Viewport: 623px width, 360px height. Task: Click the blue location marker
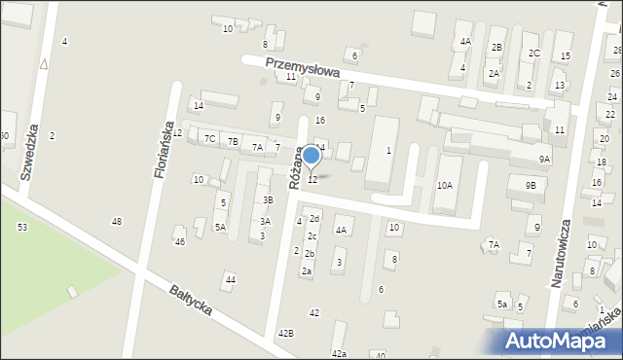tap(311, 155)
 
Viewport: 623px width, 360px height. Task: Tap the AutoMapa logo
tap(554, 340)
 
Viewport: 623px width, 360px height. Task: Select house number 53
tap(21, 227)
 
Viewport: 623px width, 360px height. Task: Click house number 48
tap(117, 222)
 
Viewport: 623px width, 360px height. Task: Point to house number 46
tap(179, 240)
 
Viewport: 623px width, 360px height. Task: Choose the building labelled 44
tap(230, 280)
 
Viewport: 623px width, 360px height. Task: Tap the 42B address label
tap(285, 333)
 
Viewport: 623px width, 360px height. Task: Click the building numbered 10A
tap(445, 185)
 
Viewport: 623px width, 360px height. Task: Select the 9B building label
tap(531, 185)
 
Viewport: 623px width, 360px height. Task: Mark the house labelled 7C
tap(210, 139)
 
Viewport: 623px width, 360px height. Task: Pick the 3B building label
tap(268, 200)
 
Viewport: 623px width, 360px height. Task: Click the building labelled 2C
tap(533, 53)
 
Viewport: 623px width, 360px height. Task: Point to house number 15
tap(566, 56)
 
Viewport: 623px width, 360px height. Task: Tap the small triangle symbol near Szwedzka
tap(44, 64)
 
